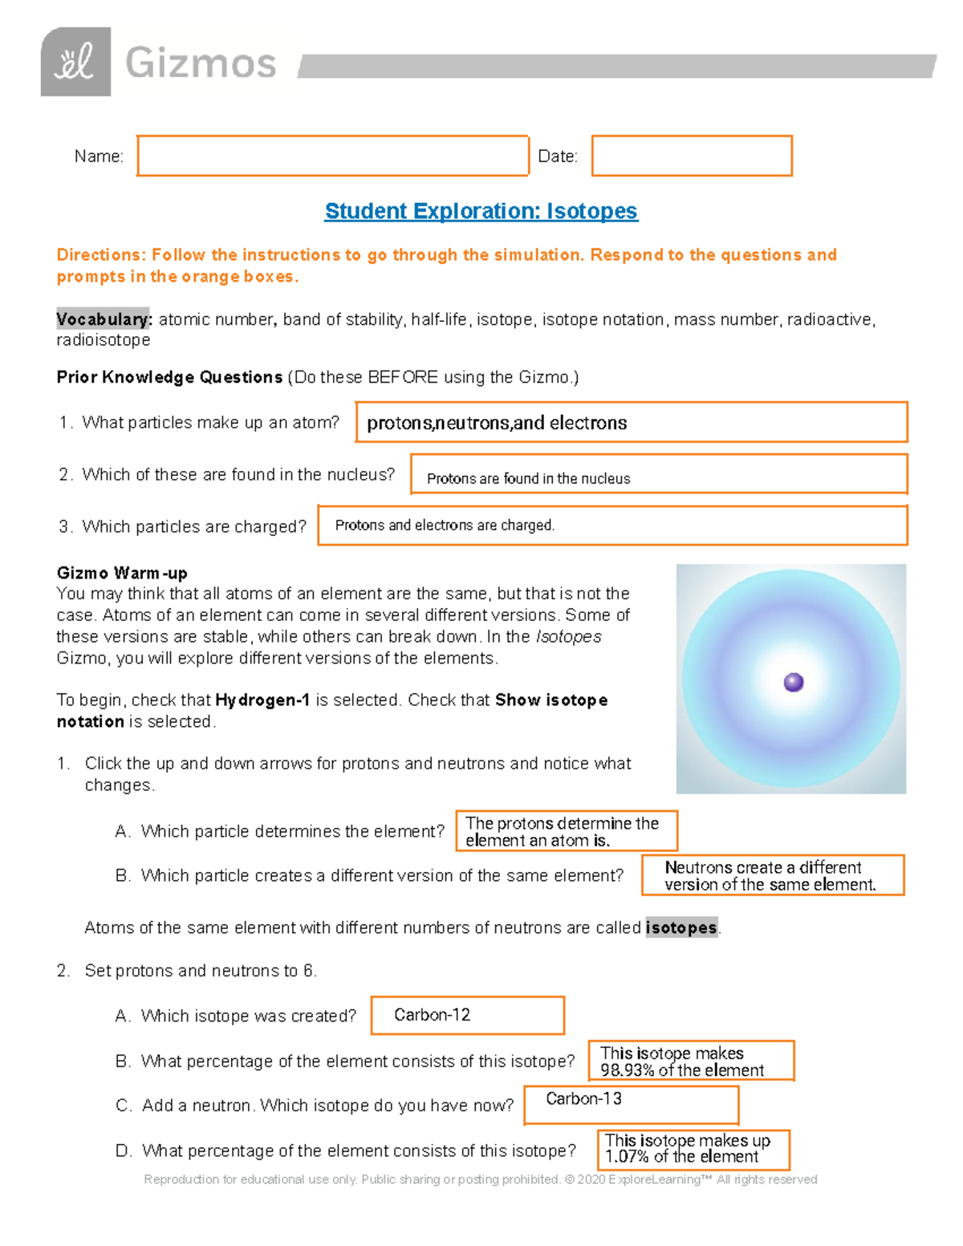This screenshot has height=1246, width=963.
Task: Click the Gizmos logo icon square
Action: [75, 62]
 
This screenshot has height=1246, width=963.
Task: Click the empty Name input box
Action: [332, 156]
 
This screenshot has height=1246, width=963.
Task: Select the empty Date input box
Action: [692, 156]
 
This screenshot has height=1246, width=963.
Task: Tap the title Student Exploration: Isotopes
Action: [481, 211]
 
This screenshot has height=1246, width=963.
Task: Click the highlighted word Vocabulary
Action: [103, 319]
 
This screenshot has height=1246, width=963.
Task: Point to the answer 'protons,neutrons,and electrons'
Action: [497, 423]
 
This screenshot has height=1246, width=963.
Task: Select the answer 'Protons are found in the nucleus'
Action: [528, 478]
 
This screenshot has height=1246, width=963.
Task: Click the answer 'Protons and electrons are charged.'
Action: [445, 526]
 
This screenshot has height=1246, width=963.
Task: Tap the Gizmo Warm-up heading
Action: [122, 573]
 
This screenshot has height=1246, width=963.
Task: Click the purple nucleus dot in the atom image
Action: [793, 682]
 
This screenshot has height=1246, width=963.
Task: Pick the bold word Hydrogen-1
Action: [262, 700]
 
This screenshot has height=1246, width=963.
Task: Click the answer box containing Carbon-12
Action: [467, 1015]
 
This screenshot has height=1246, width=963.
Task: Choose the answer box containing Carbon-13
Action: [631, 1104]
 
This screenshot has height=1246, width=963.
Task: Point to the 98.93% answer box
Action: [691, 1061]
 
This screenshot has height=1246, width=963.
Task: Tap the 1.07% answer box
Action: [693, 1149]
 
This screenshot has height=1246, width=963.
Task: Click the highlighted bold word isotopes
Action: [681, 927]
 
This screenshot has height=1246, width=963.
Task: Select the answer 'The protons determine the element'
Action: [566, 831]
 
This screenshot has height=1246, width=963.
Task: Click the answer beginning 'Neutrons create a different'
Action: [772, 875]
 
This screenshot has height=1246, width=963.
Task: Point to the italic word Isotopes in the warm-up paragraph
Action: [568, 636]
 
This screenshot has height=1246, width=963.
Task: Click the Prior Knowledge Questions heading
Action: [169, 377]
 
